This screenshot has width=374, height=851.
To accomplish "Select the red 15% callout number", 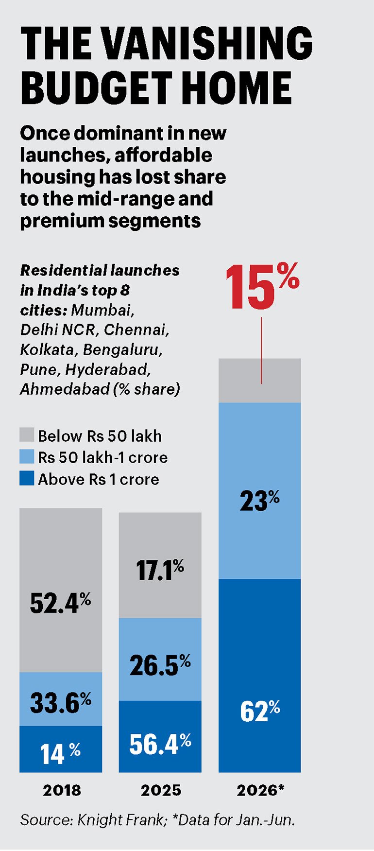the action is (262, 287).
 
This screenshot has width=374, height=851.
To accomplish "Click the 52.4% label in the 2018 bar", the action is (60, 603).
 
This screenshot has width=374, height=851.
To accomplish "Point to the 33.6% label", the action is (60, 702).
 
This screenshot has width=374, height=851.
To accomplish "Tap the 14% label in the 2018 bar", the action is (60, 754).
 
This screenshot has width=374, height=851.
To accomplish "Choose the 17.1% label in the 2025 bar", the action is (160, 570).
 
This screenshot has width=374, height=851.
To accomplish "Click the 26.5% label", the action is (160, 665).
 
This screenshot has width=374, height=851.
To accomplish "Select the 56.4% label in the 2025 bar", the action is (160, 744).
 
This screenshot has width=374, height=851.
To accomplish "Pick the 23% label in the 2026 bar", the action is (259, 501).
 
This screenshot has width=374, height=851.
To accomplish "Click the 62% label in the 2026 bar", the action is (259, 711).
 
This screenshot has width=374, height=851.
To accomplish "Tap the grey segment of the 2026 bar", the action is (259, 381).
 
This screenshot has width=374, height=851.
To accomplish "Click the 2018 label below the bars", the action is (62, 790).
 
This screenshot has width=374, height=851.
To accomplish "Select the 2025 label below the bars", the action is (161, 790).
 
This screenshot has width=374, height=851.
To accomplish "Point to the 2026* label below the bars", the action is (260, 790).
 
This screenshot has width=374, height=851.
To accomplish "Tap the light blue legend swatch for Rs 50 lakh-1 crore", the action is (27, 456).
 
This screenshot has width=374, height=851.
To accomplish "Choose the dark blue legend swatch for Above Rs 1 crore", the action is (27, 478).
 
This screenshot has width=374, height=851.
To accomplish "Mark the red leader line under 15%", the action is (261, 350).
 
